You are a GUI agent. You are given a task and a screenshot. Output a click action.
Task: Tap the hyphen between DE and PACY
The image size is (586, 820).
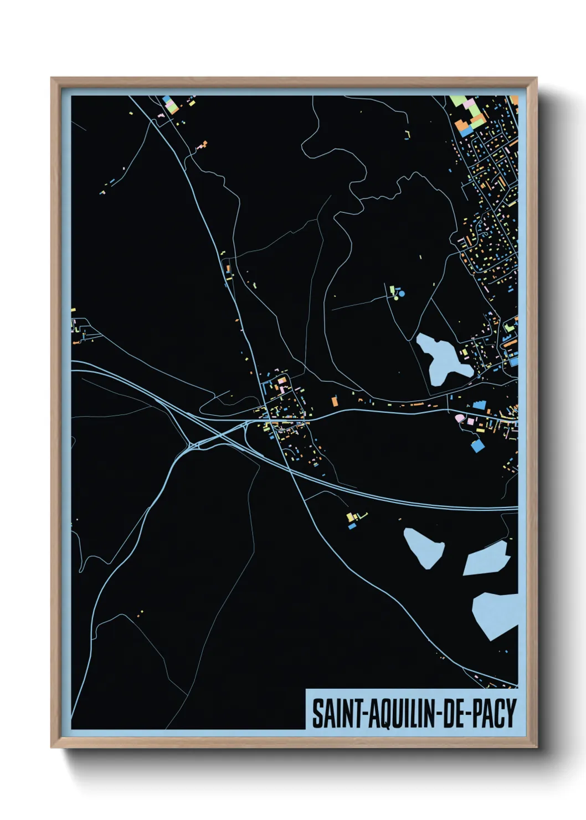coord(468,714)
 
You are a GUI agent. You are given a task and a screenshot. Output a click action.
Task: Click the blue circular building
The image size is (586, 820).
coord(402,293)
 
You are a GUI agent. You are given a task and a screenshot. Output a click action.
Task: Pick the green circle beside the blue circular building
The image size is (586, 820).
coord(396,298)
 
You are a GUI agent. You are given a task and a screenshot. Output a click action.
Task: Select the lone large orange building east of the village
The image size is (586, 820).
coord(335,401)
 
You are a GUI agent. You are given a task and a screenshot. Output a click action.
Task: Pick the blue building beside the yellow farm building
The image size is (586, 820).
coord(352,526)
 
